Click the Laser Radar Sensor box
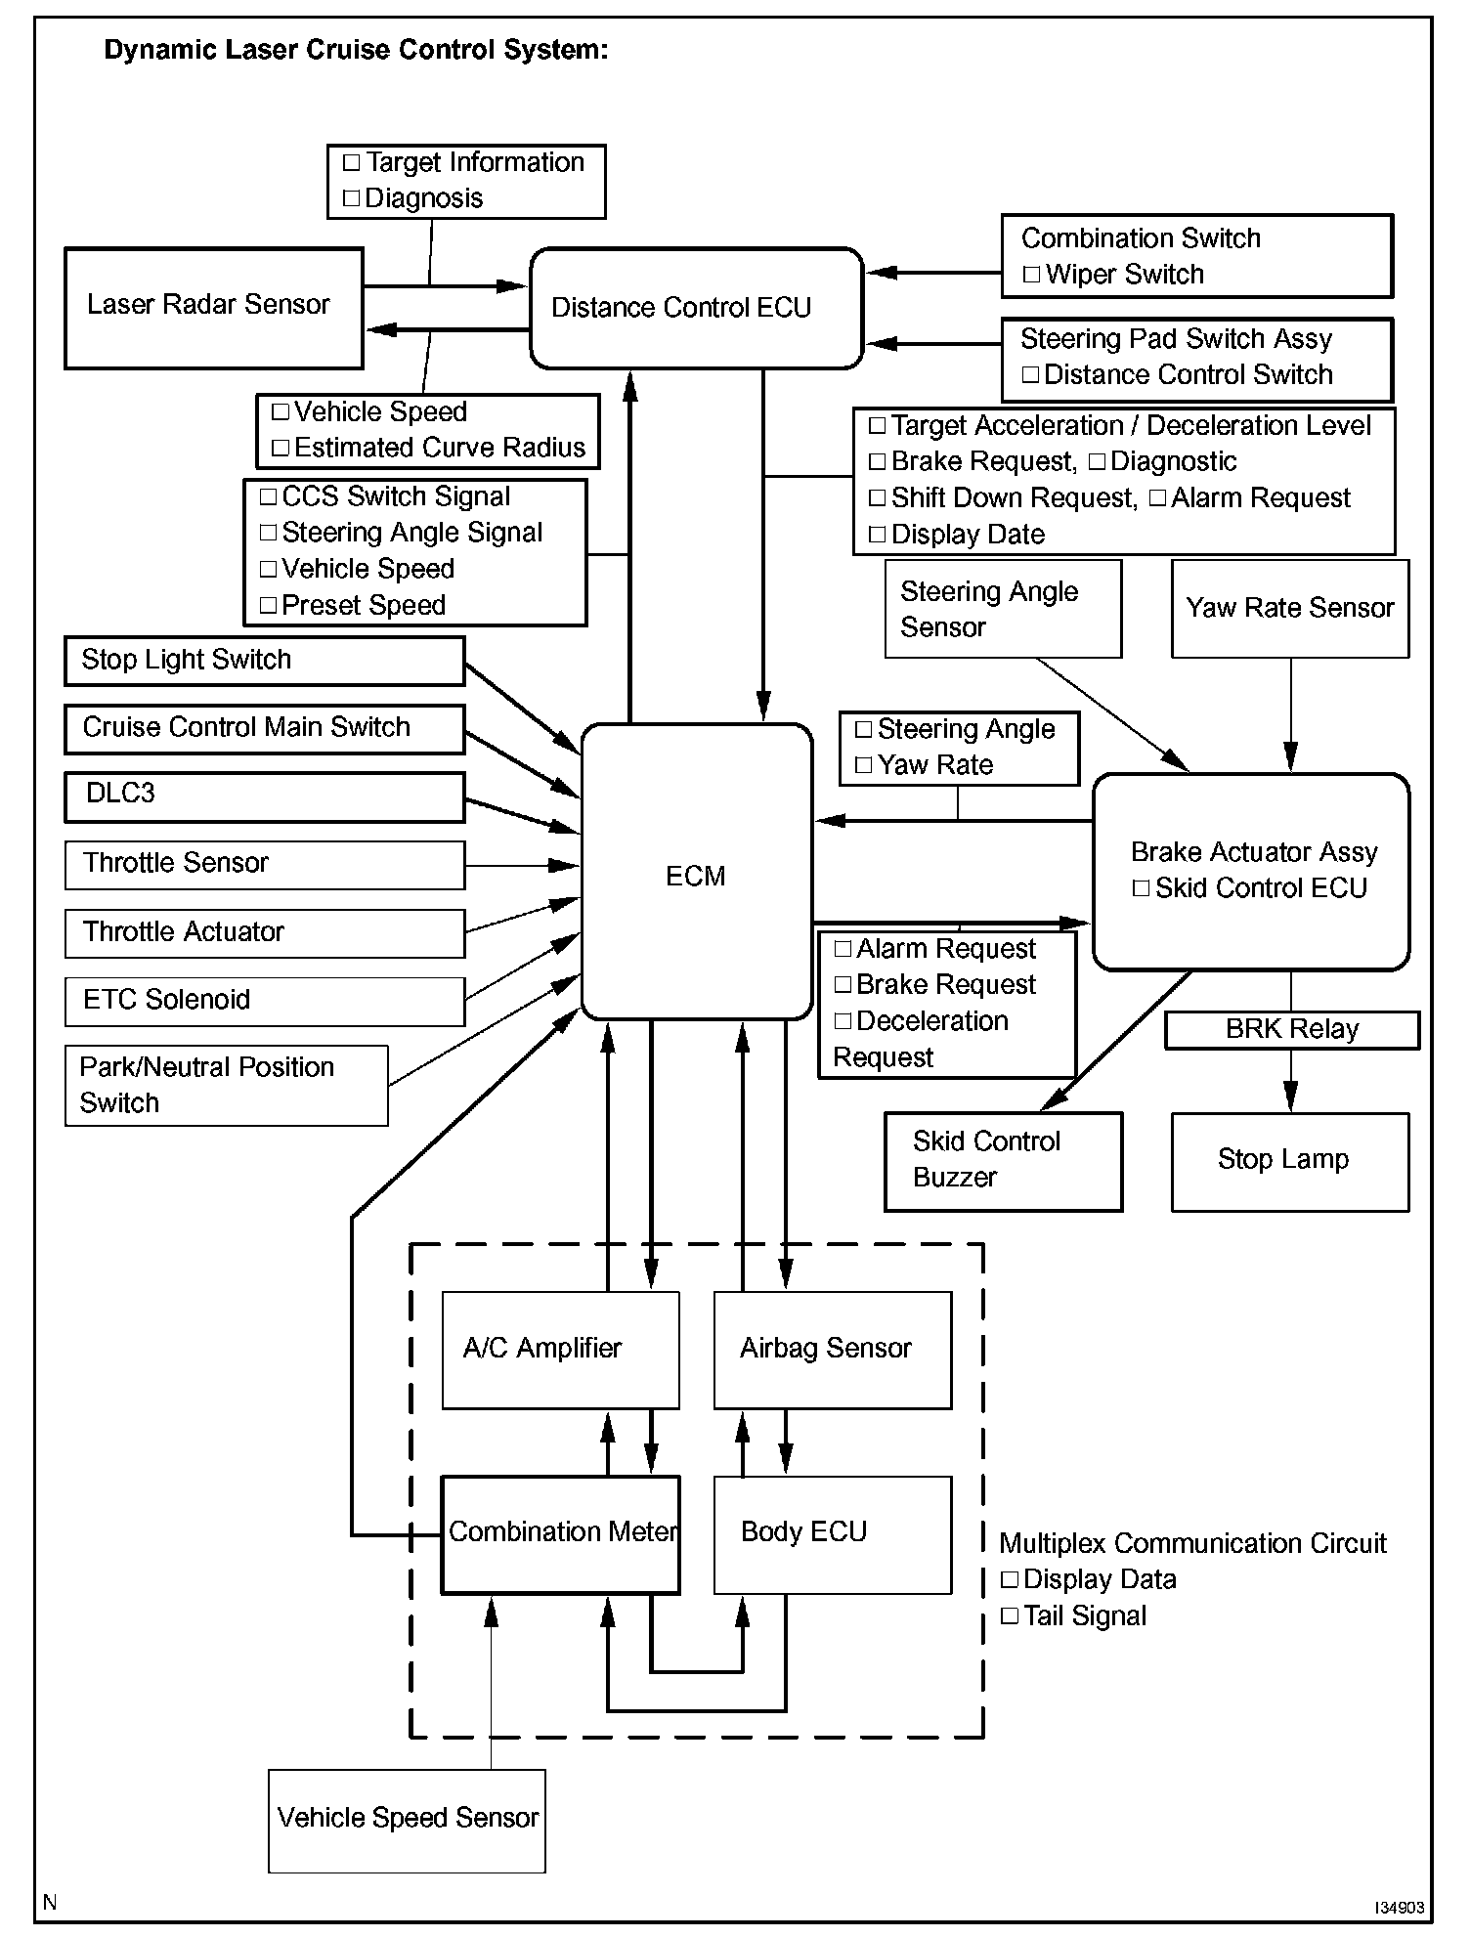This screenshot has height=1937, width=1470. [x=213, y=308]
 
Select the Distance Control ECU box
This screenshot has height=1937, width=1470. [x=696, y=308]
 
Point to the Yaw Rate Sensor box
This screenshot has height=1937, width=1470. [x=1289, y=608]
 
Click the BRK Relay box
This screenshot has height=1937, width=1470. [x=1291, y=1030]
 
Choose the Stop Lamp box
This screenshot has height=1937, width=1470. [x=1289, y=1161]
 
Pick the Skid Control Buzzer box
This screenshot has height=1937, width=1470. [x=1003, y=1161]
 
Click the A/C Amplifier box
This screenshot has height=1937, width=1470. [x=560, y=1350]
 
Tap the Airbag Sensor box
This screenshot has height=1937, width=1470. [x=832, y=1350]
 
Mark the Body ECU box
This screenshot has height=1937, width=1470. [x=832, y=1533]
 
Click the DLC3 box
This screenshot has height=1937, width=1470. [x=264, y=796]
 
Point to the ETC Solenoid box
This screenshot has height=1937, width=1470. [x=264, y=1001]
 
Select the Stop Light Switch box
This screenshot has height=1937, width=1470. [x=264, y=661]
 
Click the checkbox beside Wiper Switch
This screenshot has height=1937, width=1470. [x=1031, y=276]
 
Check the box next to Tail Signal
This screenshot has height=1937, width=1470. [x=1010, y=1617]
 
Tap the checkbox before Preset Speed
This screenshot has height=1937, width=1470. [x=268, y=606]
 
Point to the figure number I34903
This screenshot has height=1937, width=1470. [x=1400, y=1907]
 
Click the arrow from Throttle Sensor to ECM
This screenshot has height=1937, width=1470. [x=522, y=865]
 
